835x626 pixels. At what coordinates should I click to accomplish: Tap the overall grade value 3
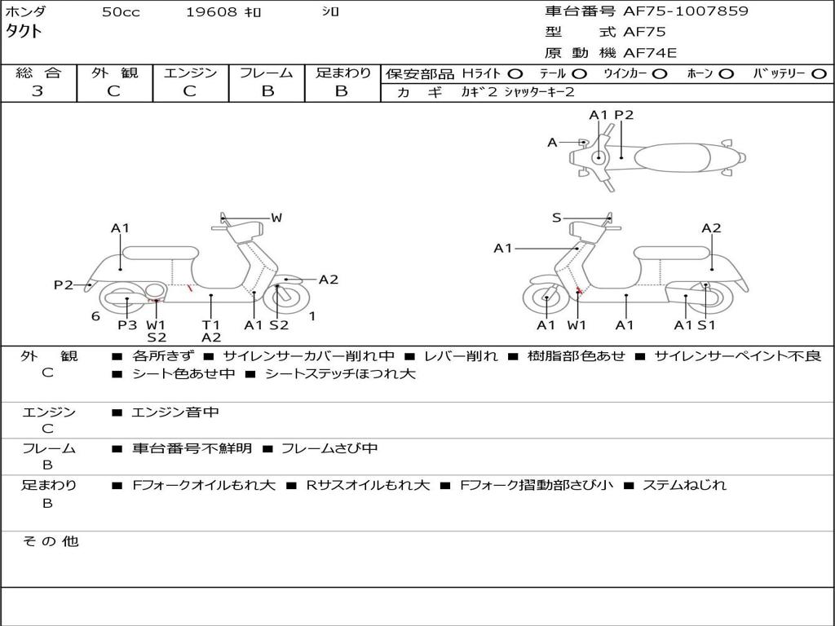pos(38,91)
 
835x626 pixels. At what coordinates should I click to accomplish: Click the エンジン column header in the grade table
pos(190,73)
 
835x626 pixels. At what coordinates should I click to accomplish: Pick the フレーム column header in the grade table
pos(267,73)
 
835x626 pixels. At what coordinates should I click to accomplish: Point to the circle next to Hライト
pos(515,73)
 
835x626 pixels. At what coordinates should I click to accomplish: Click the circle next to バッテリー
pos(820,73)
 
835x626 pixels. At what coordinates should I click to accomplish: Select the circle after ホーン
pos(726,73)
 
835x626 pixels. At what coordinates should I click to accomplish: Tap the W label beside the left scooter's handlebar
pos(276,218)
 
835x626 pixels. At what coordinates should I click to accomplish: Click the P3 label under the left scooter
pos(127,324)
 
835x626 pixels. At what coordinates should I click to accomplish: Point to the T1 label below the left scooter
pos(211,324)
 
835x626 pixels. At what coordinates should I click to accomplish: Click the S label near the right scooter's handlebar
pos(556,218)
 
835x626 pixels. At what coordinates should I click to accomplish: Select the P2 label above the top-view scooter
pos(624,115)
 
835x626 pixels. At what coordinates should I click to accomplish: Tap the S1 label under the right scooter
pos(706,324)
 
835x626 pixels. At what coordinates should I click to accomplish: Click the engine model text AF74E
pos(650,53)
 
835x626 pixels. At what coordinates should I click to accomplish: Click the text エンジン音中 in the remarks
pos(175,412)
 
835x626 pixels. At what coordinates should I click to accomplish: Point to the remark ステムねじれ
pos(684,485)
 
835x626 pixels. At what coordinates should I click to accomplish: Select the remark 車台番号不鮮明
pos(192,448)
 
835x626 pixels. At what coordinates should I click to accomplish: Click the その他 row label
pos(50,541)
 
